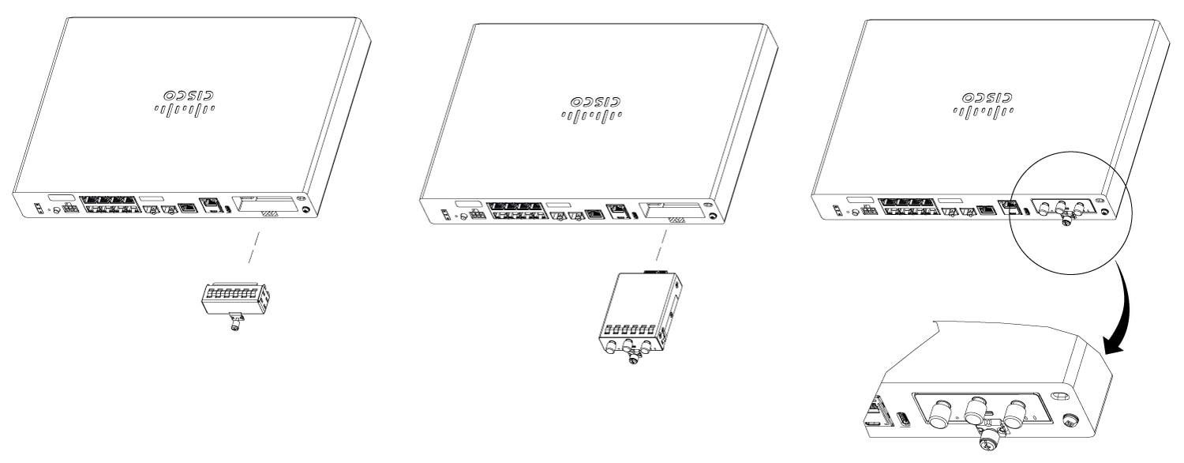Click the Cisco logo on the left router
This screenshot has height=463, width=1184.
coord(185,103)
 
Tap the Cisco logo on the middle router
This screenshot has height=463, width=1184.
coord(591,108)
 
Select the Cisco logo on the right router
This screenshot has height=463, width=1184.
coord(984,105)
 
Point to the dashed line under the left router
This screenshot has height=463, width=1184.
coord(254,247)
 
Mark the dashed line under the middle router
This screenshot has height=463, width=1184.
coord(661,245)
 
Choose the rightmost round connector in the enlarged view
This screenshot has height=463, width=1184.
coord(1014,412)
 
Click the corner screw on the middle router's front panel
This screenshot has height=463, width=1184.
coord(713,216)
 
